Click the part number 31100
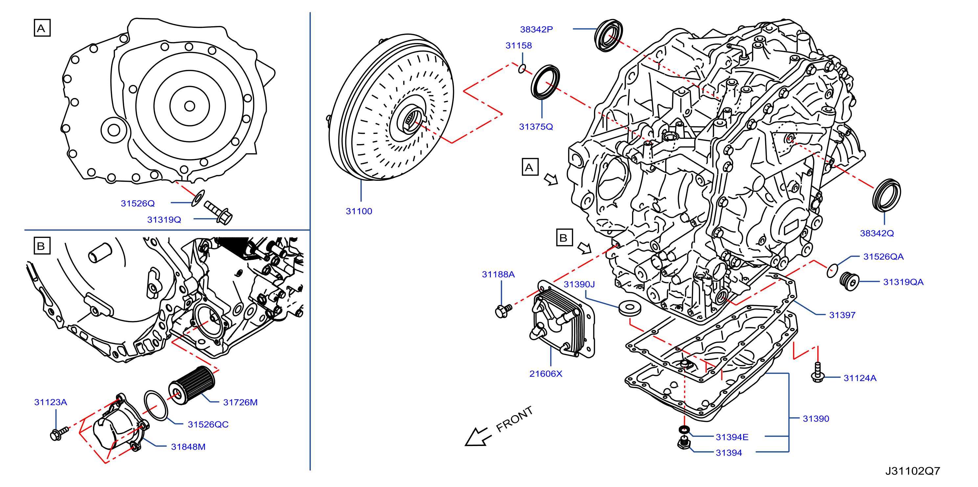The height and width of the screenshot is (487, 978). click(359, 211)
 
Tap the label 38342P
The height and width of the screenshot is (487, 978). click(536, 29)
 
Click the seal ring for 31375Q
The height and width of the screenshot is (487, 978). click(545, 82)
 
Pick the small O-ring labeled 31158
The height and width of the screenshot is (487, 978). click(522, 69)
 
